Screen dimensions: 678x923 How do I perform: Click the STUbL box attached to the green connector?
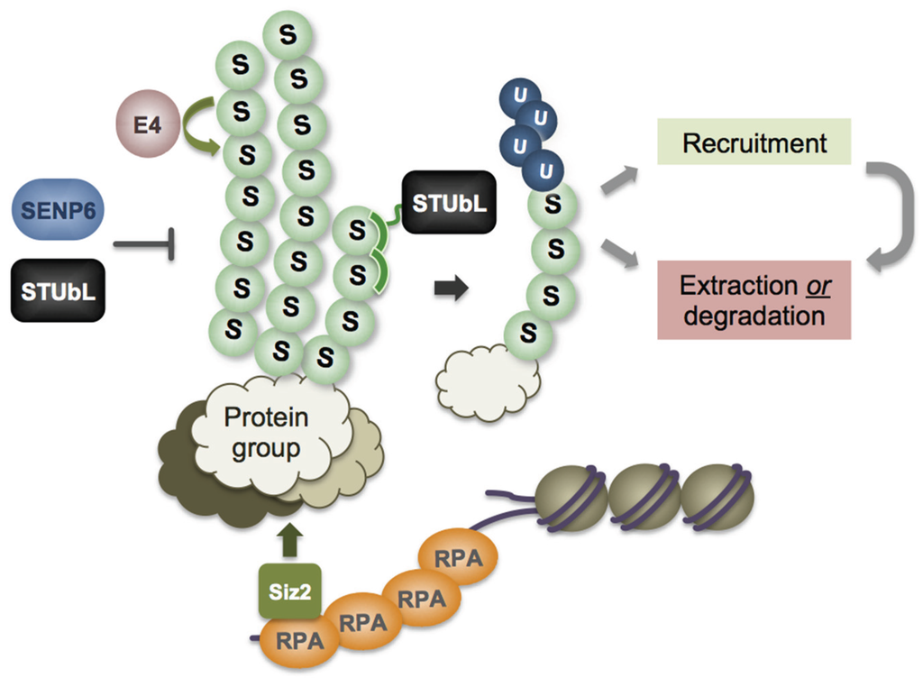pyautogui.click(x=449, y=202)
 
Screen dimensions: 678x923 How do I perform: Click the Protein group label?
pyautogui.click(x=266, y=433)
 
